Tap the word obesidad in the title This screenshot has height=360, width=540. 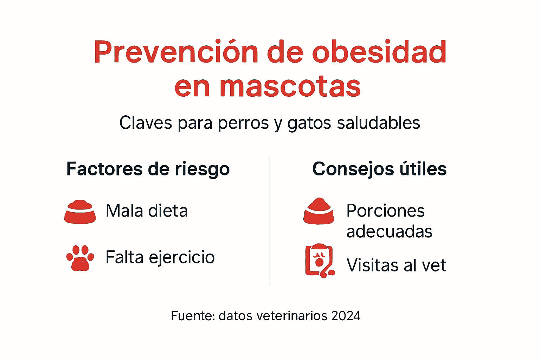click(379, 52)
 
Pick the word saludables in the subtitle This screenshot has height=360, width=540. click(378, 123)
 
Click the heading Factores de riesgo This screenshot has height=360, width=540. click(148, 169)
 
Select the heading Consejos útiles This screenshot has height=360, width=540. click(379, 169)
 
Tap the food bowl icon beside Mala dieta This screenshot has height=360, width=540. click(80, 212)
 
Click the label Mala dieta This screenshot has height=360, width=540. click(147, 211)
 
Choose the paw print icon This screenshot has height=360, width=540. click(80, 258)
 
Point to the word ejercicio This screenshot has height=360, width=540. click(182, 258)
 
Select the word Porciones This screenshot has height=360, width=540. click(386, 211)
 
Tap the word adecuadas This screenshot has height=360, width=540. click(389, 232)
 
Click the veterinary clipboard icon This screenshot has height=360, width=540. click(320, 261)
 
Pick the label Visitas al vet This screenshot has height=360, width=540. click(396, 265)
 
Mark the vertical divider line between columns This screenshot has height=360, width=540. click(270, 221)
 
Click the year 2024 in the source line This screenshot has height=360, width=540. click(346, 316)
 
